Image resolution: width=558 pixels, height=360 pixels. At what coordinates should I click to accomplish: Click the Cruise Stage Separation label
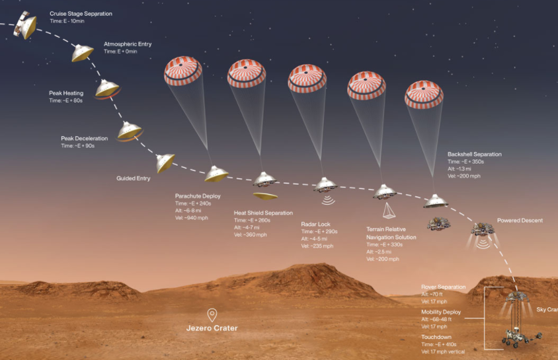tap(81, 13)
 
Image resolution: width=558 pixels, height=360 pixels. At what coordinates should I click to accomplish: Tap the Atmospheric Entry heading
tap(128, 44)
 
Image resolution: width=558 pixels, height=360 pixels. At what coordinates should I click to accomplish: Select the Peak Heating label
tap(66, 93)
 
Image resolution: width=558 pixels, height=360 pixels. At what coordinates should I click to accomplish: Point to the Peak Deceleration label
tap(84, 138)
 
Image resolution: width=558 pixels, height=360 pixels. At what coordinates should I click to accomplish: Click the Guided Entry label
tap(134, 178)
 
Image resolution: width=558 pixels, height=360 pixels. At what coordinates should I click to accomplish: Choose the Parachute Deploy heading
tap(198, 196)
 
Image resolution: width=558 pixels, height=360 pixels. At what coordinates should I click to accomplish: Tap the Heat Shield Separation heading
tap(263, 213)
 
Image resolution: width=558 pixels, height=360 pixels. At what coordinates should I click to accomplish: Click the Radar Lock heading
tap(315, 224)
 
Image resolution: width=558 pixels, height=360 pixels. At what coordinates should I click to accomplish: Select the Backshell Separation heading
tap(474, 154)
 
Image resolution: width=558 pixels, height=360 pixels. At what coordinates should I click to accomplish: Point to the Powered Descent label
tap(520, 220)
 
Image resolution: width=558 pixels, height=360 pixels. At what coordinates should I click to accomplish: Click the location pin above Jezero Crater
tap(212, 314)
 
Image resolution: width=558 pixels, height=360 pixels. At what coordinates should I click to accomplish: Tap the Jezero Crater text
tap(212, 328)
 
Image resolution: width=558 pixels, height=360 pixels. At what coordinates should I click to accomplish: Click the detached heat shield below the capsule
tap(265, 196)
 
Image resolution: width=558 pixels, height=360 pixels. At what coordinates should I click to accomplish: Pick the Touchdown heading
tap(436, 337)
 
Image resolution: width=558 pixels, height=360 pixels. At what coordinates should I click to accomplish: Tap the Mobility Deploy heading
tap(441, 312)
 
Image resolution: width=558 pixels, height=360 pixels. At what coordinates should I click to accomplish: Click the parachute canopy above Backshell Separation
tap(424, 92)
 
